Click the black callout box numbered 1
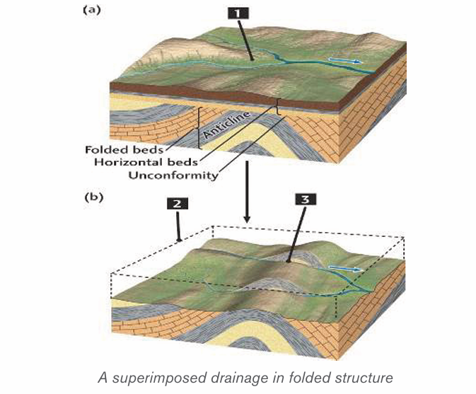click(238, 13)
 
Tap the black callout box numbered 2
click(178, 204)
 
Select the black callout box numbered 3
click(306, 199)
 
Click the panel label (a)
click(91, 10)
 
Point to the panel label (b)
click(94, 197)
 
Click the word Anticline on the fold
click(227, 124)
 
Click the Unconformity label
click(173, 175)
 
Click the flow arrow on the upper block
click(346, 61)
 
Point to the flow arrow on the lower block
click(346, 269)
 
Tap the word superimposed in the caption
click(160, 378)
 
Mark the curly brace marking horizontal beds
click(278, 108)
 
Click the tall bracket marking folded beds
click(199, 128)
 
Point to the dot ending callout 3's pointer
click(289, 260)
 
